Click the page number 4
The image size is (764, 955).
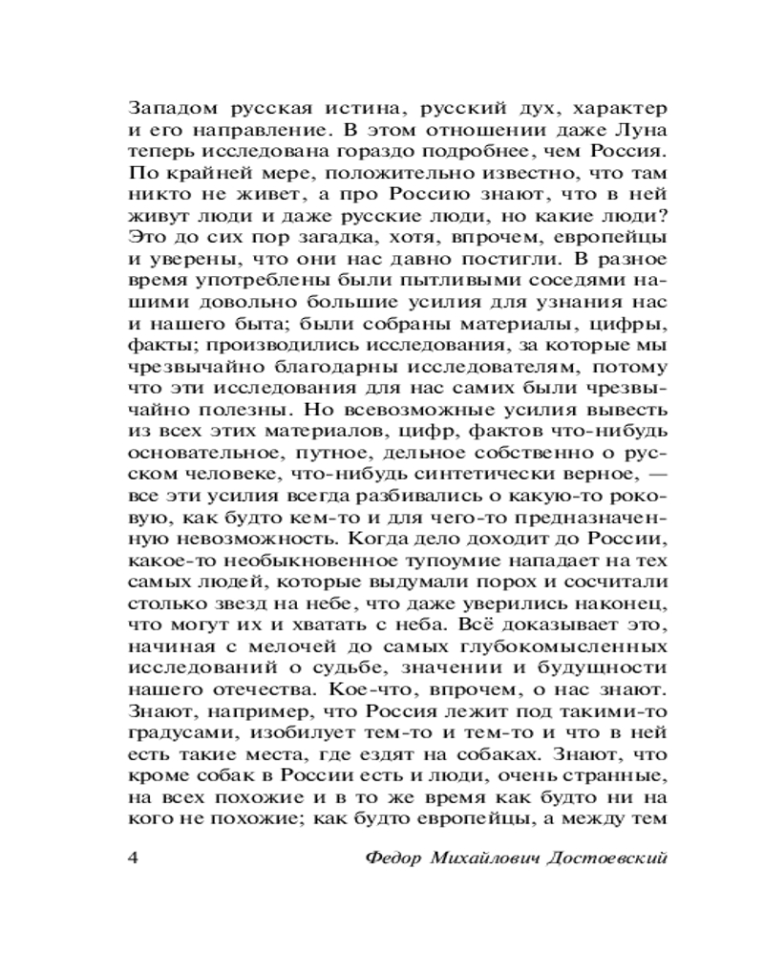134,856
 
